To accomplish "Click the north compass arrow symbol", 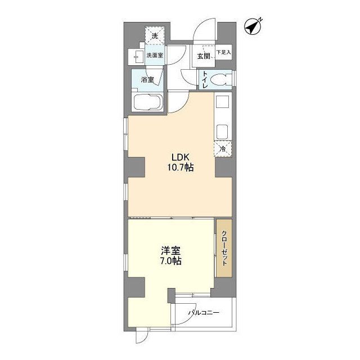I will click(x=254, y=26).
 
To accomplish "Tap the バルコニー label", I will click(x=204, y=313).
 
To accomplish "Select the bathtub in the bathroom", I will click(x=148, y=105).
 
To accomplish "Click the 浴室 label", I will click(x=147, y=80).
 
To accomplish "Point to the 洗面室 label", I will click(x=155, y=55).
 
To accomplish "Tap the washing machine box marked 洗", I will click(x=154, y=36).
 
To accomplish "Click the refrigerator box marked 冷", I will click(x=223, y=150).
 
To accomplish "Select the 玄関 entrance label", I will click(x=203, y=55).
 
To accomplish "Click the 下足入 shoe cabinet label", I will click(x=224, y=52).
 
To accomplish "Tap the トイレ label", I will click(x=206, y=79).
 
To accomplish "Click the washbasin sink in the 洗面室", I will click(x=137, y=56).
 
